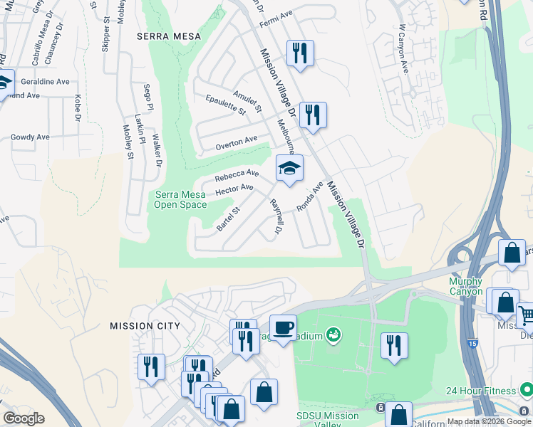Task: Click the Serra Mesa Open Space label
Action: pyautogui.click(x=180, y=200)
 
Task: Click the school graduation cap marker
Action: pyautogui.click(x=289, y=169)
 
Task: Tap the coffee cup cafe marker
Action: pyautogui.click(x=283, y=328)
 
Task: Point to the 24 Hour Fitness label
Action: pyautogui.click(x=480, y=391)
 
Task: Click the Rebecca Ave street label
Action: pyautogui.click(x=237, y=174)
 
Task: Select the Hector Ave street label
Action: pyautogui.click(x=234, y=190)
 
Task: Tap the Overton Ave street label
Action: pyautogui.click(x=237, y=142)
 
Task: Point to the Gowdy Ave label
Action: pyautogui.click(x=30, y=137)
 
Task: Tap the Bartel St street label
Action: pyautogui.click(x=229, y=218)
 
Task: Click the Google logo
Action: pyautogui.click(x=24, y=419)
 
